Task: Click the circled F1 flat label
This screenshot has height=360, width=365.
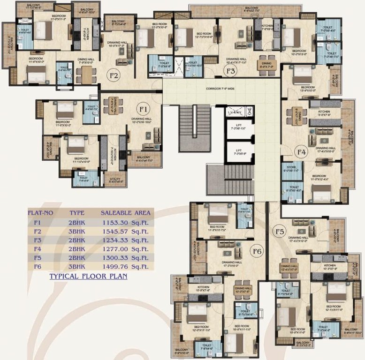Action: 143,109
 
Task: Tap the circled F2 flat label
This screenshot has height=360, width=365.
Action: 113,75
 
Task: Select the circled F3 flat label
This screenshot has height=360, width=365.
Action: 230,71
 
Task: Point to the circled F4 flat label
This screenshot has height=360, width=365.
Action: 301,151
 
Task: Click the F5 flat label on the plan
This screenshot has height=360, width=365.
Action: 280,231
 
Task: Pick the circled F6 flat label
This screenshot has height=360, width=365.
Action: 257,251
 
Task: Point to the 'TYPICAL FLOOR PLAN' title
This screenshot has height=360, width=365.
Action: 88,277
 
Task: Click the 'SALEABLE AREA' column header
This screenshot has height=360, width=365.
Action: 125,213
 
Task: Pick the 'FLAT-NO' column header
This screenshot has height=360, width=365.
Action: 40,213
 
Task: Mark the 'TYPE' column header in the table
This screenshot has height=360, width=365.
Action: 77,213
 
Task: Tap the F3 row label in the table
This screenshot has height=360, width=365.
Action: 38,240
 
